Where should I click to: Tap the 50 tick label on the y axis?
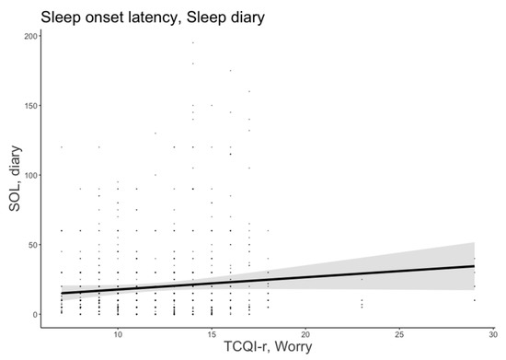click(x=33, y=244)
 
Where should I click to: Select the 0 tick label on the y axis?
click(x=35, y=314)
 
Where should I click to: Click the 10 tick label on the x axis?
click(x=118, y=331)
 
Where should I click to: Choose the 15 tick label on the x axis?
click(x=212, y=331)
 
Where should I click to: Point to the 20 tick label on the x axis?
click(x=305, y=331)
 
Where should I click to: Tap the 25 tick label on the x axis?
click(x=399, y=331)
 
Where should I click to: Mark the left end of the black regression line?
click(x=62, y=293)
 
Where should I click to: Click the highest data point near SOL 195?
click(x=192, y=42)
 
